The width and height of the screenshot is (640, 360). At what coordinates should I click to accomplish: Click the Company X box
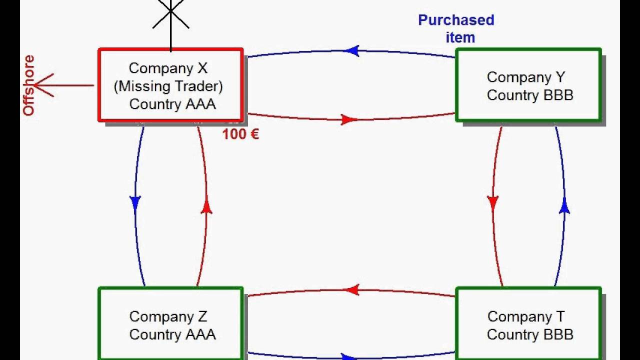point(170,85)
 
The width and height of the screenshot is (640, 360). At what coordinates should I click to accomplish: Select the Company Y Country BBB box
point(528,85)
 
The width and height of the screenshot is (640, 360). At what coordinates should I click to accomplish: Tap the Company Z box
point(170,324)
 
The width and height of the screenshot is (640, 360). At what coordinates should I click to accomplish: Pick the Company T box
point(528,324)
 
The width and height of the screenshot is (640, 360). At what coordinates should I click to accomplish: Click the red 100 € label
point(240,134)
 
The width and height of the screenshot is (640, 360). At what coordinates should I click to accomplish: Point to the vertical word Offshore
point(29,85)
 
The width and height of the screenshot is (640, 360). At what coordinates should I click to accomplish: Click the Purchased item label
point(456,28)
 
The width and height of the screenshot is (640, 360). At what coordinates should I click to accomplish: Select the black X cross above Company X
point(170,12)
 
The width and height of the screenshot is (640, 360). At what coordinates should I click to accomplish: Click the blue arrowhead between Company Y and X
point(352,50)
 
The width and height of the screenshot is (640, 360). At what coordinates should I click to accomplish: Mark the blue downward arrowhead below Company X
point(135,202)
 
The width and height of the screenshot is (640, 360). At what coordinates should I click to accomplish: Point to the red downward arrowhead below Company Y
point(493,202)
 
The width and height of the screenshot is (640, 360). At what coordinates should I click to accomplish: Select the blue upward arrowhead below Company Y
point(564,206)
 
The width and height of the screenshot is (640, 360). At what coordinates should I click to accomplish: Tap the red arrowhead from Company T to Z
point(352,289)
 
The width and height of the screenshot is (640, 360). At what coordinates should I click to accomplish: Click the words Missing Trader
point(168,86)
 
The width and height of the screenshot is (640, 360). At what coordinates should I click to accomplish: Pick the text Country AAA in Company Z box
point(172,334)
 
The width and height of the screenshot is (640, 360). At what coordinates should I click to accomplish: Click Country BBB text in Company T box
point(530,334)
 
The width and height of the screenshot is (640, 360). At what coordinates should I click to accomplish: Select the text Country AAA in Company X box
point(172,104)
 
